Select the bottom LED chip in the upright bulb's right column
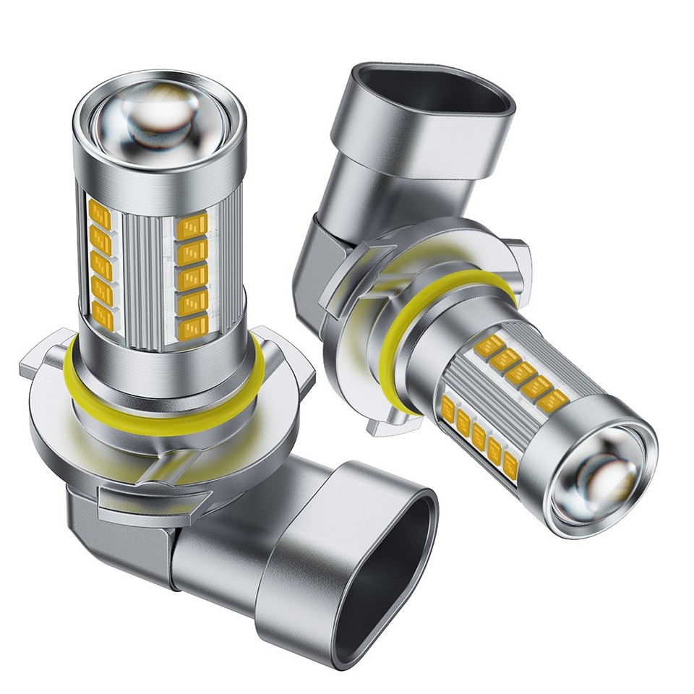pyautogui.click(x=192, y=326)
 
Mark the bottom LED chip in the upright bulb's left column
pyautogui.click(x=105, y=312)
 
